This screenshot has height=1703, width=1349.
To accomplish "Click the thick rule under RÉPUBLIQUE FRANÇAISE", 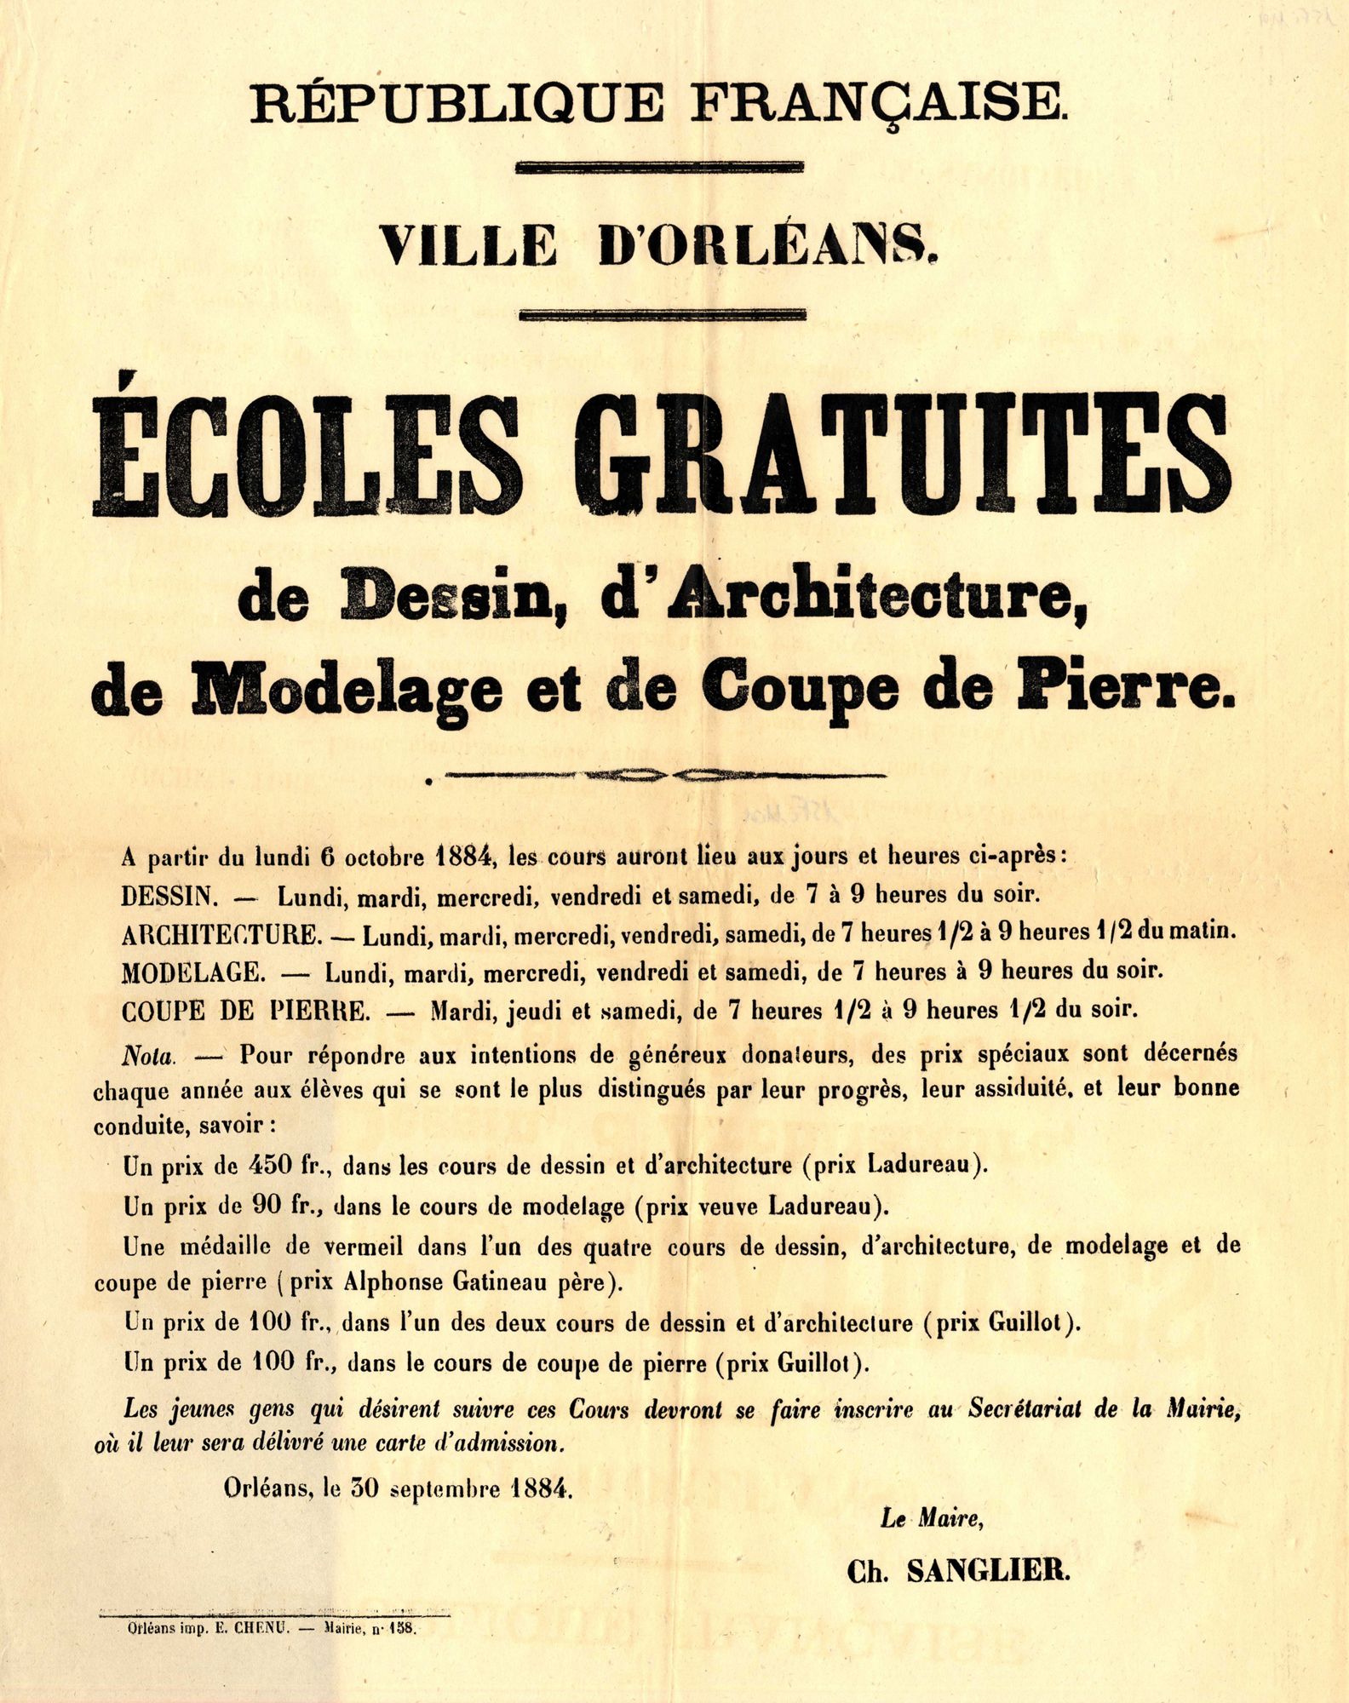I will click(661, 168).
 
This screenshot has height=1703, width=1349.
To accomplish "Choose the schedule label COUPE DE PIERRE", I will click(246, 1011).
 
